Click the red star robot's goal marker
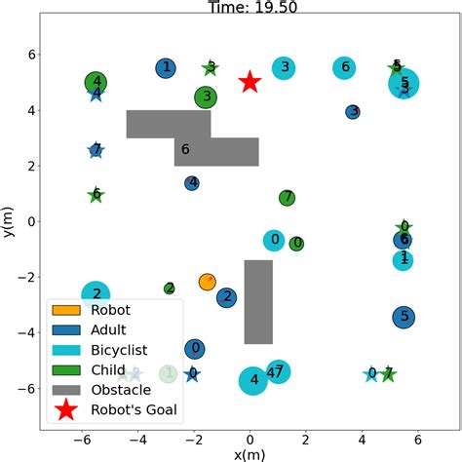(250, 82)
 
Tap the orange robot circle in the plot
(207, 282)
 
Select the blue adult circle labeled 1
(167, 67)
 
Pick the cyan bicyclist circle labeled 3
(284, 67)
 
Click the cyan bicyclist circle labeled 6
(343, 67)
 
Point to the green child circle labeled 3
(205, 96)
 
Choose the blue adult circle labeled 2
(226, 297)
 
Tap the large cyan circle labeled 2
(96, 293)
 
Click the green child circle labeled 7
(287, 198)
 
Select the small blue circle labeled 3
(353, 112)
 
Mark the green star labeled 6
(96, 194)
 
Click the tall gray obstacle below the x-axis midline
(258, 301)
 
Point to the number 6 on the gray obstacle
(185, 150)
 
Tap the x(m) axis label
(250, 453)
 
